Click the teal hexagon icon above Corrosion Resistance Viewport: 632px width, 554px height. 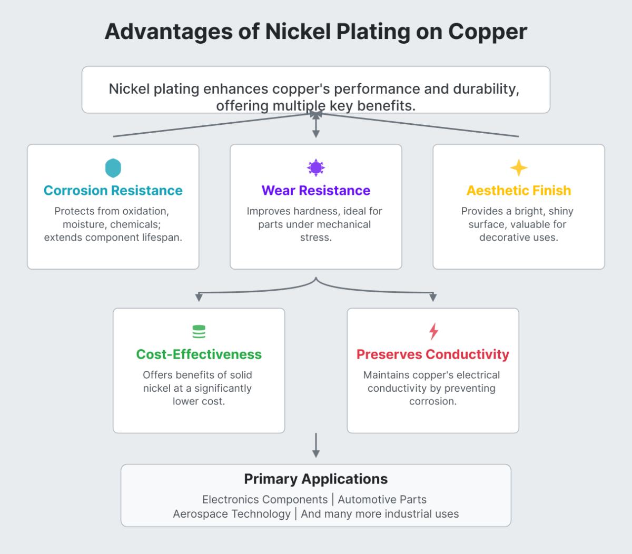(113, 168)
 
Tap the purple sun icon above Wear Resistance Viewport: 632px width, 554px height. (316, 168)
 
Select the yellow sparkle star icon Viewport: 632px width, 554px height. (519, 168)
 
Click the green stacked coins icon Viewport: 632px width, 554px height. (199, 332)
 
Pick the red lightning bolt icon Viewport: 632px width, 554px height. (433, 331)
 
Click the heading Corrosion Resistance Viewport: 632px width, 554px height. (113, 191)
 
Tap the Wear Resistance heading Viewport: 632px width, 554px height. (316, 191)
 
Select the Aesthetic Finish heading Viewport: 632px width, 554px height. (519, 191)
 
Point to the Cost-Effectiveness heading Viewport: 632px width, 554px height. (199, 354)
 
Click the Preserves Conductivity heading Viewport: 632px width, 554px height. (433, 354)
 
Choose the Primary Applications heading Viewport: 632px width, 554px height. (316, 479)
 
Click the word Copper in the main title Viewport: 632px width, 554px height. (488, 32)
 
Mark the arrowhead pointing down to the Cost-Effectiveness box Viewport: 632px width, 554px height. (199, 298)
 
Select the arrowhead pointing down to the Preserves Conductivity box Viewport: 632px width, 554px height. (433, 298)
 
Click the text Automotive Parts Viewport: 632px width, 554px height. (382, 500)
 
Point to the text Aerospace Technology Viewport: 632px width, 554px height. (232, 514)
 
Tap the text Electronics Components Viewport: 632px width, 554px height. (265, 500)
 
